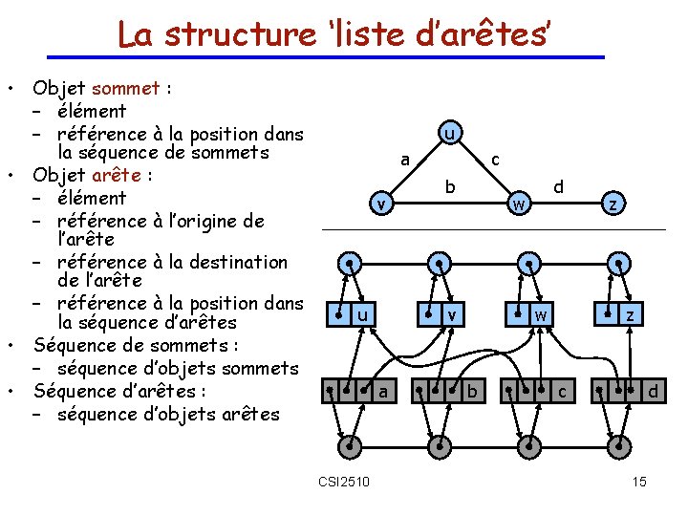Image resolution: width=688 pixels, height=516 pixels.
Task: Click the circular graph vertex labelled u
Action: [x=448, y=134]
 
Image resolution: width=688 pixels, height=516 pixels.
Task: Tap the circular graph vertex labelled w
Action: [x=517, y=203]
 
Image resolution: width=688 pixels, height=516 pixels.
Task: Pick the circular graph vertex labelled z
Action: [x=616, y=203]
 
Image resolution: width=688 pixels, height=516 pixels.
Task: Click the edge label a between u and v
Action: [x=405, y=159]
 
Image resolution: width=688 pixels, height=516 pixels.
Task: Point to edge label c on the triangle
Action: [x=494, y=160]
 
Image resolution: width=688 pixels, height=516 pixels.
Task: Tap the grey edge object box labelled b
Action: [x=446, y=390]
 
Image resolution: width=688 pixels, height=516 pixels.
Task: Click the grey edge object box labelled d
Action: [x=628, y=390]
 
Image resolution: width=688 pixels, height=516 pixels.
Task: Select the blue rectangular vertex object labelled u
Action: [x=352, y=312]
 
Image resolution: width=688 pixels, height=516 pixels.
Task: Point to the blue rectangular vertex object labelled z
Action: [x=618, y=312]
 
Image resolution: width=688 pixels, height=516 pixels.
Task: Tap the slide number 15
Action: [x=639, y=481]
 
